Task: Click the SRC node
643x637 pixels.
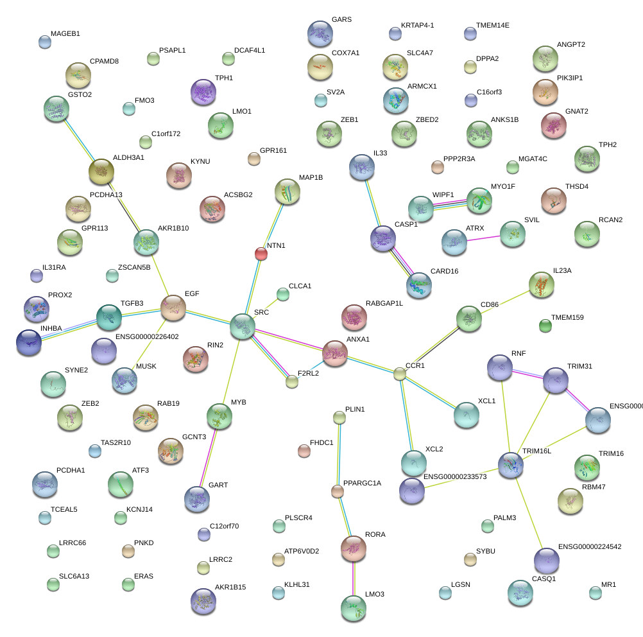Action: pos(243,326)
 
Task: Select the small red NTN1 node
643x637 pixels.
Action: pos(261,254)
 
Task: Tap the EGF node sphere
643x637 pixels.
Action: pos(173,308)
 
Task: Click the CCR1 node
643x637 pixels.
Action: pos(400,373)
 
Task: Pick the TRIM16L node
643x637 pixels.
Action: pos(511,464)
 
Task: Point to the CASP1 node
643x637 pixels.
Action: pos(383,238)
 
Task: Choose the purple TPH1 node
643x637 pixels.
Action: pos(203,92)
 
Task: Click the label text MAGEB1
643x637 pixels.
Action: pos(65,33)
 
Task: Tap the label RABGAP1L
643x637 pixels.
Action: pos(384,303)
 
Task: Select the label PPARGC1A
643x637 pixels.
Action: pos(362,484)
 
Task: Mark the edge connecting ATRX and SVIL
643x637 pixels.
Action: pos(484,238)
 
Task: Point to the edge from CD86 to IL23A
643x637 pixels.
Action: pos(504,301)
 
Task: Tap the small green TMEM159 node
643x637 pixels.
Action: pos(545,326)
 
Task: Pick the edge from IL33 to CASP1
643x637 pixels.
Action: pos(373,203)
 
